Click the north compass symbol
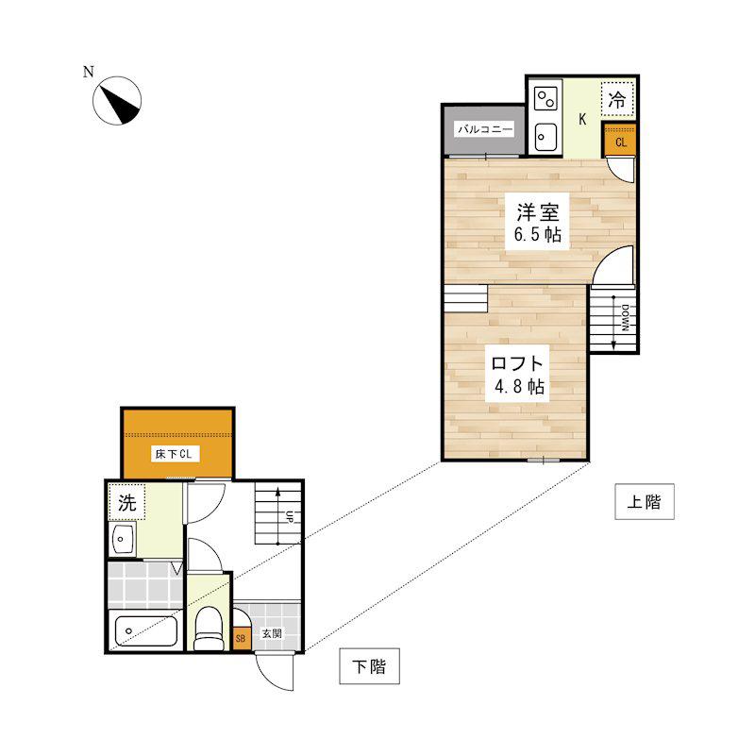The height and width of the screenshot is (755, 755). point(117,101)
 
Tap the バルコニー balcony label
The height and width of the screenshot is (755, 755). point(485,129)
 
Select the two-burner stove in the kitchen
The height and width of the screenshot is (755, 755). point(546,98)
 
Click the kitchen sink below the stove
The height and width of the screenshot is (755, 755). point(546,137)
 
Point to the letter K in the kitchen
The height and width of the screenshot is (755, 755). point(582,119)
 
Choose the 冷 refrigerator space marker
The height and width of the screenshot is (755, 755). point(617,99)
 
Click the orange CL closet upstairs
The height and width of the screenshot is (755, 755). point(621,141)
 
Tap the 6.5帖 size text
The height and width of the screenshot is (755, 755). point(537,234)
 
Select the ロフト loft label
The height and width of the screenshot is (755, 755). point(517,363)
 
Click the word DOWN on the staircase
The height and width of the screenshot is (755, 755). point(625,318)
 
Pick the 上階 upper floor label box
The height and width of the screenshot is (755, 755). point(645,502)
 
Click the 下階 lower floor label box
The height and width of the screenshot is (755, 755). point(369,666)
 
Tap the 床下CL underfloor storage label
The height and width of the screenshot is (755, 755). point(174,454)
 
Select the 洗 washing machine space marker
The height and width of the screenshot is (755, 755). point(127,503)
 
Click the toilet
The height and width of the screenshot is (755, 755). point(209,629)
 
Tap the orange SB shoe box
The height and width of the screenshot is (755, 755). point(241,639)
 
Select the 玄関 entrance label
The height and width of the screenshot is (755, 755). point(272,633)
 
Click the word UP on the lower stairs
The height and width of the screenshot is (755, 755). point(290,516)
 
